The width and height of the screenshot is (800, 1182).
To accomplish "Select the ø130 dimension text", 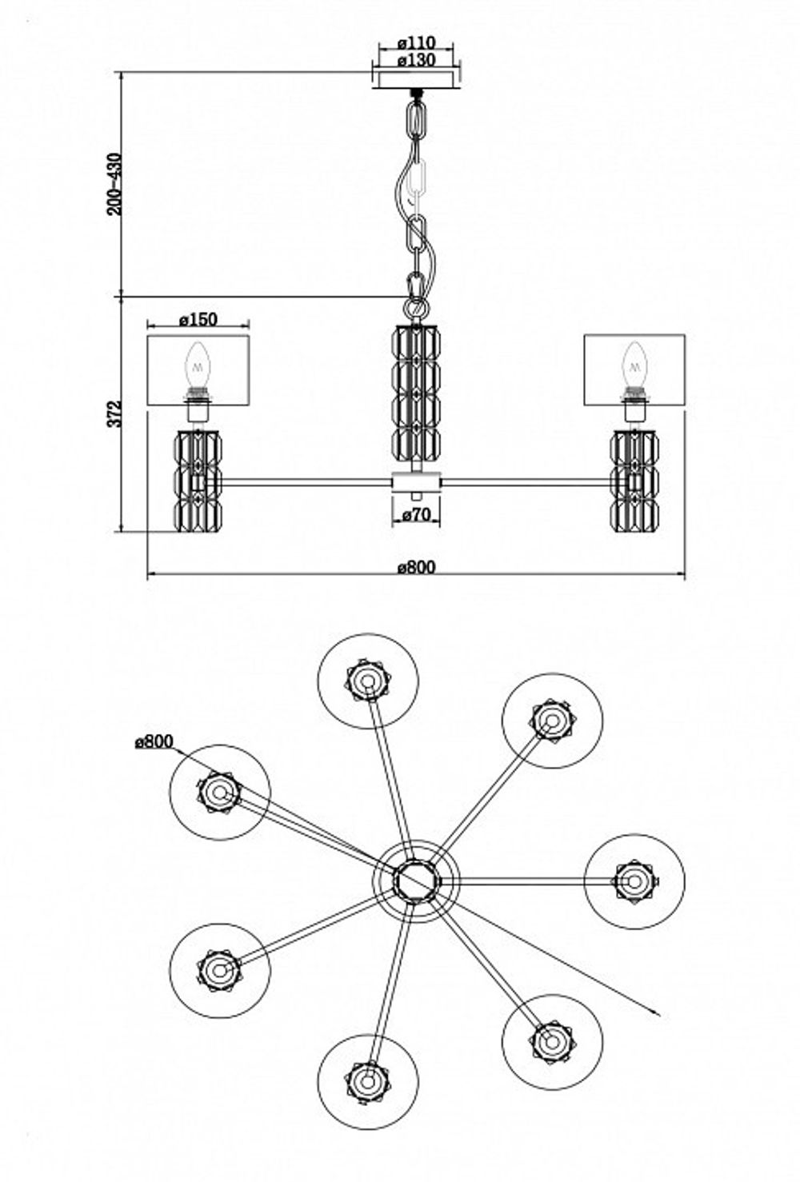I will pos(414,60).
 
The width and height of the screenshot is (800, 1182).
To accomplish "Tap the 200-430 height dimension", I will pos(115,184).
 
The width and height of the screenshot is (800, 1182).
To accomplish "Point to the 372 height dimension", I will pos(115,413).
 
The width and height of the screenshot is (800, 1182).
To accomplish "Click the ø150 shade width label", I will pos(198,319).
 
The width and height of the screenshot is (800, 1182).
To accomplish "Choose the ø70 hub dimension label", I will pos(417,516).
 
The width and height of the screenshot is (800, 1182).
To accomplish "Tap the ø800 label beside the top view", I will pos(154,742).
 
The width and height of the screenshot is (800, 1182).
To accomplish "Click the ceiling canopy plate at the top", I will pos(416,78).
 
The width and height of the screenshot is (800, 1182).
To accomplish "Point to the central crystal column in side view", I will pos(417,392).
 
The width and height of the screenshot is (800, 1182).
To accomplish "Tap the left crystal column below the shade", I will pos(198,480).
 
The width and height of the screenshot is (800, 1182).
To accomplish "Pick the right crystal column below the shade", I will pos(634,480).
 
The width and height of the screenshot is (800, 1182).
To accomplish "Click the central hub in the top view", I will pos(416,881).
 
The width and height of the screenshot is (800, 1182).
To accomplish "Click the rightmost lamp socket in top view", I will pos(634,881).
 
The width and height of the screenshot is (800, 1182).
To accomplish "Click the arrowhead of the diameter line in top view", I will pos(657,1015).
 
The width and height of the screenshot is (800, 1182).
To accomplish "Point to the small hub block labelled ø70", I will pos(416,482).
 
